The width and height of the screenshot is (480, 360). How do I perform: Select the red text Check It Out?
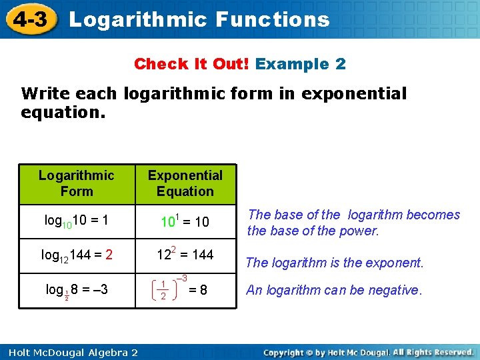pos(192,64)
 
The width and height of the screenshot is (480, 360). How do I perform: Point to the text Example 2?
pos(301,64)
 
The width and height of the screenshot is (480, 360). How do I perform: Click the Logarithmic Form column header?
pos(77,183)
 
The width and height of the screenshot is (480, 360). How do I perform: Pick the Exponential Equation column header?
pos(185,183)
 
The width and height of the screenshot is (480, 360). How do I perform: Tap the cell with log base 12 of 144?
pos(77,254)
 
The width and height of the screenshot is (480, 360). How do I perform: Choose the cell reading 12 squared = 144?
pos(185,254)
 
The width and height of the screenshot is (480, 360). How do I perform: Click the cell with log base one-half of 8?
pos(77,291)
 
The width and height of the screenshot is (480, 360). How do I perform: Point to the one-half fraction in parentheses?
pos(163,291)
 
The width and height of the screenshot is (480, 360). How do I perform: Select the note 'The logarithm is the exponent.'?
pos(335,263)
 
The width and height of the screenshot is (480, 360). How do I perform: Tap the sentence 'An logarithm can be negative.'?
pos(334,290)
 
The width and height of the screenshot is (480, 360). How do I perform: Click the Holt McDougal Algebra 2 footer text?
pos(69,352)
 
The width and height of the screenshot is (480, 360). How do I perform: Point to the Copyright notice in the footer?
pos(369,352)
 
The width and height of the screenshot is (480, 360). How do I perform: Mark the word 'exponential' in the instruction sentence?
pos(353,94)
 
